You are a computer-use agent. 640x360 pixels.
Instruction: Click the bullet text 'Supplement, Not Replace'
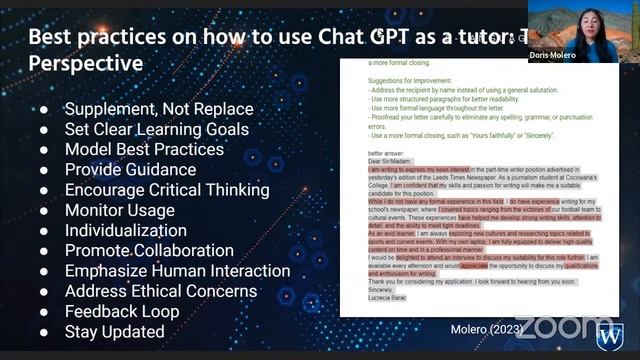click(x=159, y=108)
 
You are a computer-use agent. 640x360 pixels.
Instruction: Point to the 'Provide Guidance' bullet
click(x=130, y=169)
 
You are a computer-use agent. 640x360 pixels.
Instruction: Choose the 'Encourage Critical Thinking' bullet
click(x=167, y=189)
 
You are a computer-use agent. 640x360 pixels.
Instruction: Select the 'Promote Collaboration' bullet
click(x=150, y=250)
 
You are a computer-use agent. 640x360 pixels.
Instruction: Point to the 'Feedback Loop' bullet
click(x=122, y=311)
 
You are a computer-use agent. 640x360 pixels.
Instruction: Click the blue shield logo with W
click(x=610, y=333)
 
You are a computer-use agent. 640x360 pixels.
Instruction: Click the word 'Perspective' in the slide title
click(x=85, y=62)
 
